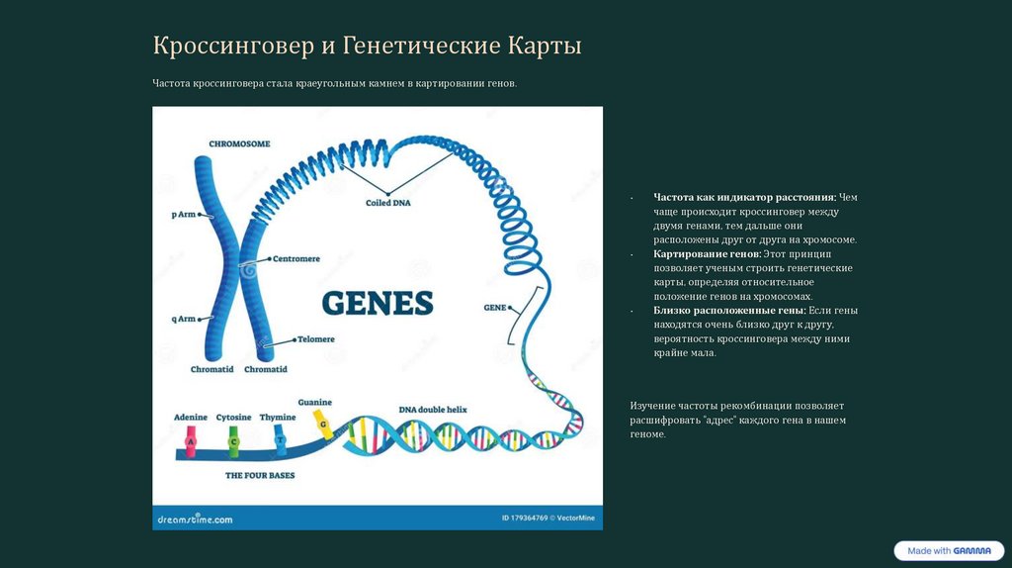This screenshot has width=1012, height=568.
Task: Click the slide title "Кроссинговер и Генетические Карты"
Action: (x=367, y=46)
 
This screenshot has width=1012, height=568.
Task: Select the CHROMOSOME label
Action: (x=239, y=143)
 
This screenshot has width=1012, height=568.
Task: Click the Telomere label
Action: (x=315, y=339)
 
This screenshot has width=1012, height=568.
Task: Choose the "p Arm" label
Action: (x=184, y=214)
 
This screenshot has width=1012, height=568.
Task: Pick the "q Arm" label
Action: (x=184, y=319)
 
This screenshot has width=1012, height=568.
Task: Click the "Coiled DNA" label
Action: (x=388, y=203)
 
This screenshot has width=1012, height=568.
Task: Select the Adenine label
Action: (x=191, y=418)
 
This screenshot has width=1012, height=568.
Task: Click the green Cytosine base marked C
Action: (x=233, y=443)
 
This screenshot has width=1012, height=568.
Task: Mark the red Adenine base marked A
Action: (x=191, y=443)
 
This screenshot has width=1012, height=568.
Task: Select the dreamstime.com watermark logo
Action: (x=195, y=519)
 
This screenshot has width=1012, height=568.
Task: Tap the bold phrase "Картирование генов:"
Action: (x=707, y=254)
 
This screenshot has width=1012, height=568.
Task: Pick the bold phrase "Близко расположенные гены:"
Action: (x=729, y=311)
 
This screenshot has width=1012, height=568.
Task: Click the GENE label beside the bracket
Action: (x=494, y=308)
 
